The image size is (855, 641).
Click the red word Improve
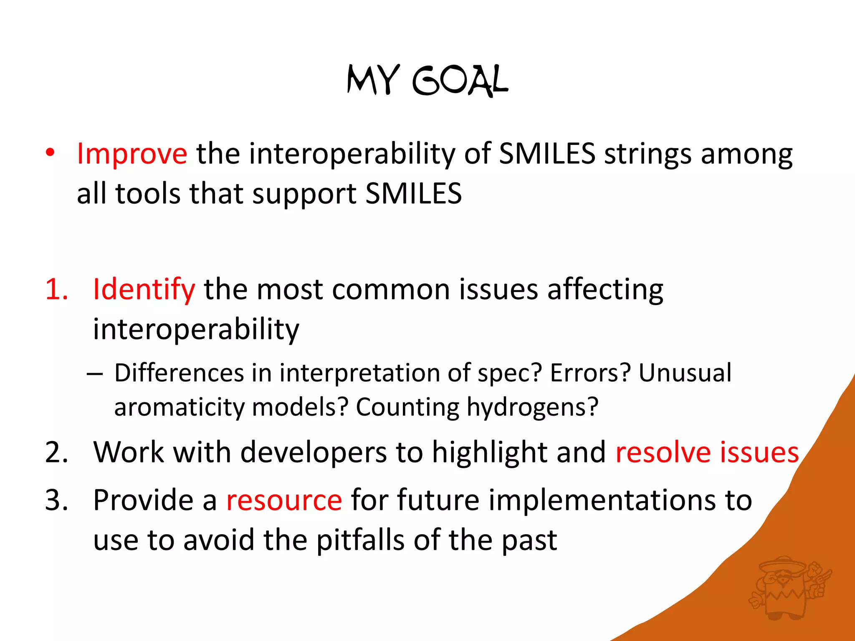132,154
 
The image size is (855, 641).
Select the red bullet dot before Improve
50,153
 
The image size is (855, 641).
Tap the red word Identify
144,290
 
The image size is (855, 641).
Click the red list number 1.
56,289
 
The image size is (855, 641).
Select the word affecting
605,290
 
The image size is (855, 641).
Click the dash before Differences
95,373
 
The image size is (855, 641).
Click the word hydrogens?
532,407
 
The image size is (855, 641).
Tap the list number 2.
56,452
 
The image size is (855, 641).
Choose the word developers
314,452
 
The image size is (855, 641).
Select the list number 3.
56,500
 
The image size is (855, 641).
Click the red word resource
284,500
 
